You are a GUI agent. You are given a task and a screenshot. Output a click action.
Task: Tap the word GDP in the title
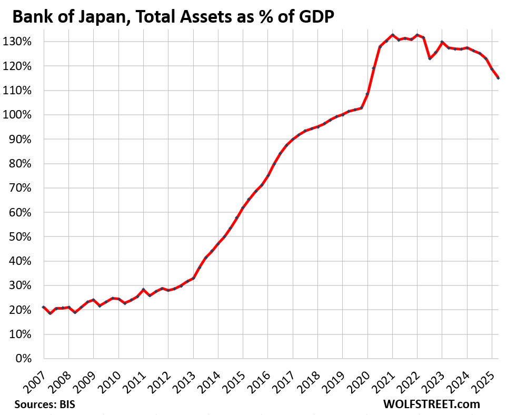pos(316,17)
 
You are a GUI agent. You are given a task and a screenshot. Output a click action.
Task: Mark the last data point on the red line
pos(498,78)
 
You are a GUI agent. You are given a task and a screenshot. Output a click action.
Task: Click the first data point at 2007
pos(44,307)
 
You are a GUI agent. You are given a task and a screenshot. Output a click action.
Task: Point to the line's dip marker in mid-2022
pos(430,58)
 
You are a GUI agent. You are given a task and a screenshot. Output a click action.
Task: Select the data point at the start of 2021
pos(393,35)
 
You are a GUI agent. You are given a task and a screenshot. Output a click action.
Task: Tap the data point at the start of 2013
pos(193,278)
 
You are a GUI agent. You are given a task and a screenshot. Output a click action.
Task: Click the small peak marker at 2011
pos(143,290)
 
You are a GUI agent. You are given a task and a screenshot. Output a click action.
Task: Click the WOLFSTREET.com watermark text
pos(431,404)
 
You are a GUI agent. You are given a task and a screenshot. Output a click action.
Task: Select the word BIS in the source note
pos(67,404)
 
